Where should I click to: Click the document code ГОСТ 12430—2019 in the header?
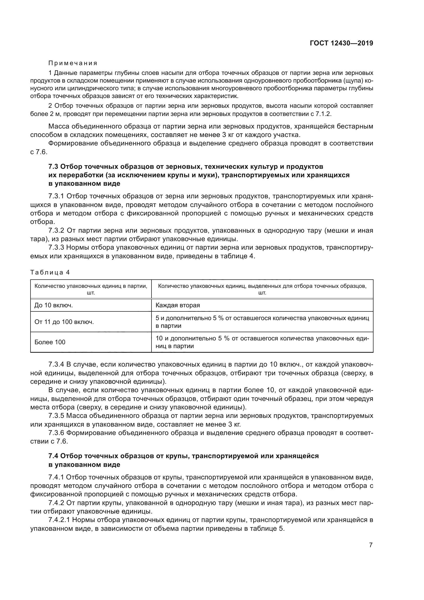(x=341, y=43)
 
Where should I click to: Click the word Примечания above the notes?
(x=73, y=63)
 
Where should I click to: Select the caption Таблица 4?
(x=50, y=272)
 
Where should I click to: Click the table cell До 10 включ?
(x=54, y=305)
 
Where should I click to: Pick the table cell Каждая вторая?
(x=178, y=305)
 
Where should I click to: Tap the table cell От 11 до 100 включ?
(x=64, y=322)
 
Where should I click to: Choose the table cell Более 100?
(x=50, y=342)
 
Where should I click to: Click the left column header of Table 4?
(x=91, y=289)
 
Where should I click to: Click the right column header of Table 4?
(x=262, y=289)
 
